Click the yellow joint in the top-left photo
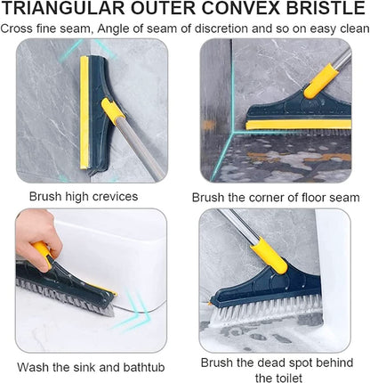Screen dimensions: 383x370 tap(112, 111)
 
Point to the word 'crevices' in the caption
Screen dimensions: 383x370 tap(117, 196)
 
